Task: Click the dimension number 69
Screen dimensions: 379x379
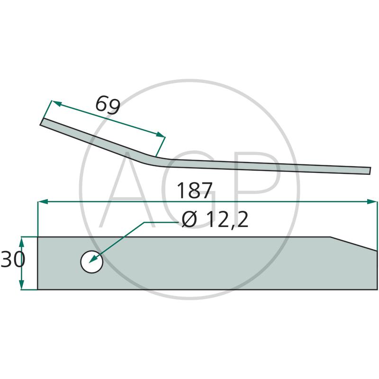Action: (x=108, y=105)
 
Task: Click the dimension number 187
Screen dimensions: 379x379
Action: (x=195, y=191)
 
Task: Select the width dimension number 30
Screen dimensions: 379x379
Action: (x=13, y=259)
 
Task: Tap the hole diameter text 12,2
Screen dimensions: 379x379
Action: (x=227, y=219)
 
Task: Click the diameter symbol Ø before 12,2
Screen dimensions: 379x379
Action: (x=189, y=219)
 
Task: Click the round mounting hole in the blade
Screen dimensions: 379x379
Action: (x=91, y=262)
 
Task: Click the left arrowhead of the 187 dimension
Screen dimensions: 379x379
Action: (x=43, y=202)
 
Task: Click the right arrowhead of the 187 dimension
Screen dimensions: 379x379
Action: (x=372, y=202)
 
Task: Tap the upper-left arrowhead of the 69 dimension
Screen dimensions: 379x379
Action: (x=56, y=103)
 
